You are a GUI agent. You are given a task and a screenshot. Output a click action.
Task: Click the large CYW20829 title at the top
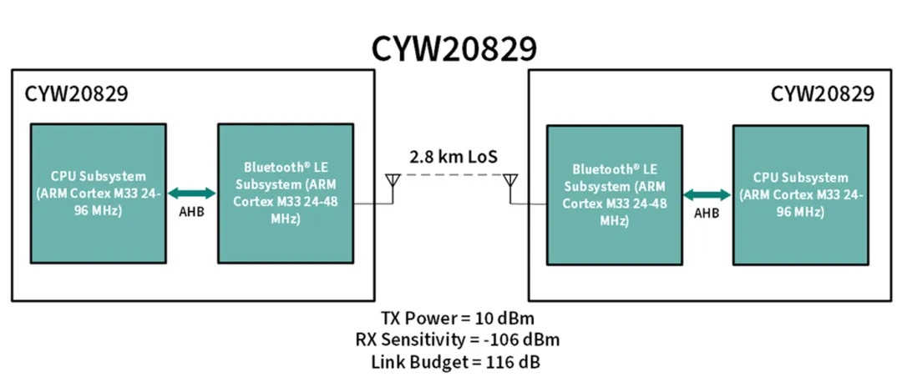click(x=454, y=49)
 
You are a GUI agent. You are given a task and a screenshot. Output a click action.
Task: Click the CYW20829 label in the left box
click(x=76, y=93)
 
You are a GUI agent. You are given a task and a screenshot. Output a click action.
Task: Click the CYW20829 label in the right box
click(x=823, y=93)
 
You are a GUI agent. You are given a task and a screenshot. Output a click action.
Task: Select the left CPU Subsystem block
click(x=98, y=194)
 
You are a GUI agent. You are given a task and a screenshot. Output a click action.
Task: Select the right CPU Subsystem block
click(x=801, y=194)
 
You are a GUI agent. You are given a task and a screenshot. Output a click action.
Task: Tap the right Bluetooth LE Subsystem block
click(x=614, y=194)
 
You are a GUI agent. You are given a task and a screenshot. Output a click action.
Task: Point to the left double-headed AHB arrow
click(x=192, y=193)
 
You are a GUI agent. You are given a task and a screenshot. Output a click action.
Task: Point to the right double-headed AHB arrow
click(x=707, y=193)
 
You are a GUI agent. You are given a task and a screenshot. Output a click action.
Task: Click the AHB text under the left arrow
click(x=192, y=212)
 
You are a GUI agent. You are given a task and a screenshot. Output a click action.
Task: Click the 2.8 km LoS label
click(x=451, y=157)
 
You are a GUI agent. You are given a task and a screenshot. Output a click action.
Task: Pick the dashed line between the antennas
click(x=451, y=176)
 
